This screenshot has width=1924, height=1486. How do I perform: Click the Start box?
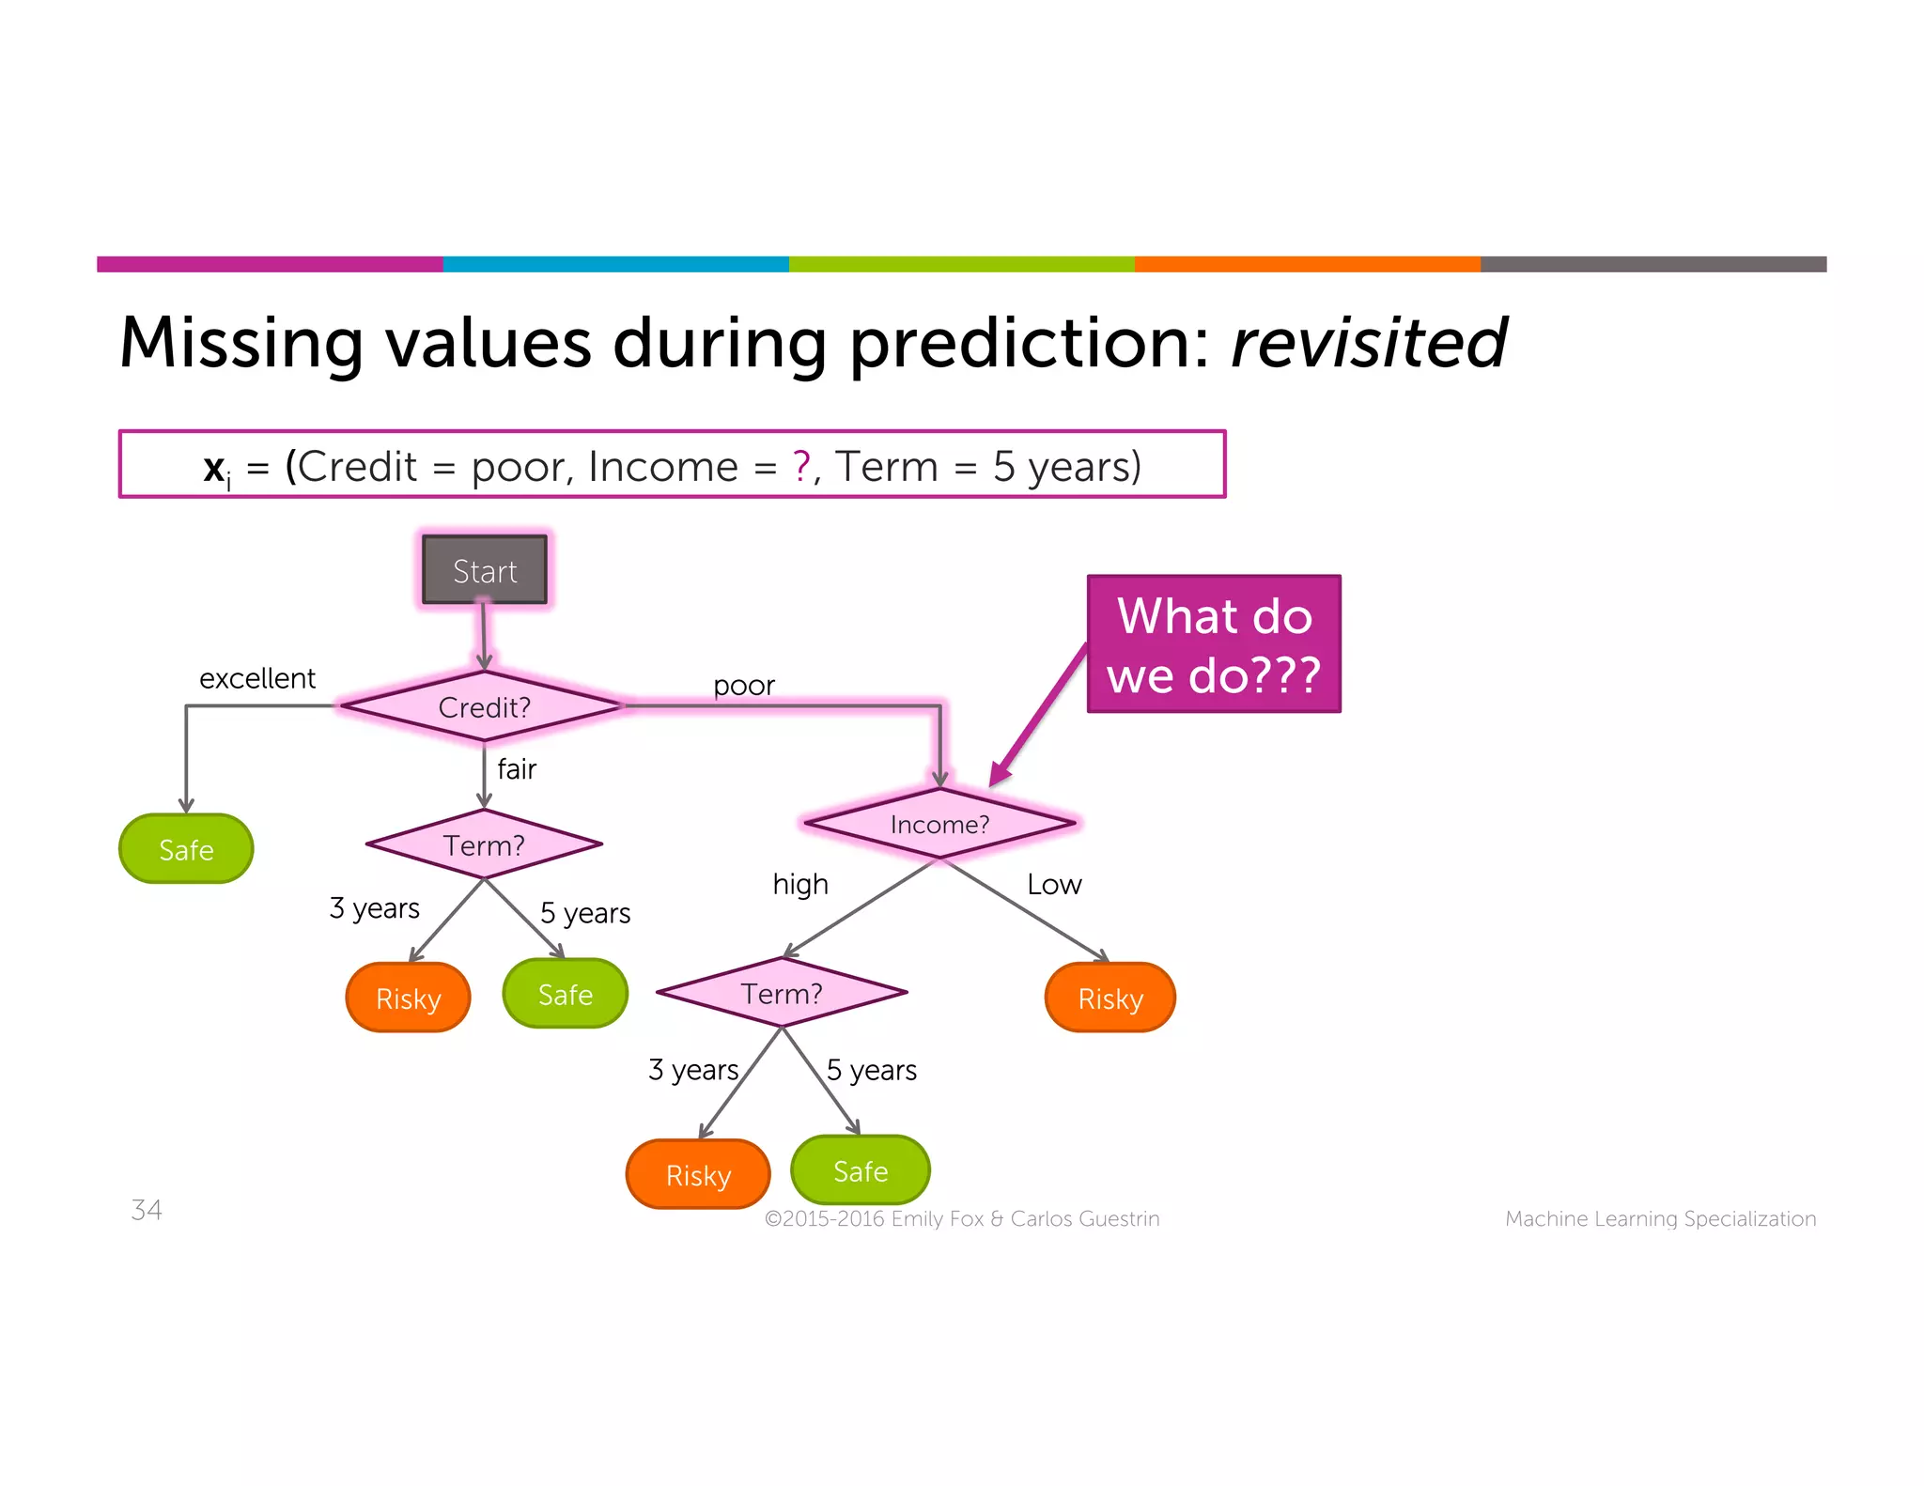pos(484,570)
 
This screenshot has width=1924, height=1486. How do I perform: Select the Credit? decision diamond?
pos(484,706)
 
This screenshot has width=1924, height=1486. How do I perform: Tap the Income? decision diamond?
pos(939,824)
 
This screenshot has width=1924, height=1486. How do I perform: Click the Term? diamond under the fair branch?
pos(484,844)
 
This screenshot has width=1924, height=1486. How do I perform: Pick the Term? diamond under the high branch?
pos(782,993)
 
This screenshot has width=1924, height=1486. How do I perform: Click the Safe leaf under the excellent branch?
pos(186,849)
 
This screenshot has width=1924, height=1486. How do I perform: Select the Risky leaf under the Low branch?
pos(1110,998)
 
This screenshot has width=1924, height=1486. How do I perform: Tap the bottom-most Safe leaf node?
pos(861,1170)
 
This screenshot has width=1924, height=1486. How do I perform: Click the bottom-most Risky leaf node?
pos(698,1174)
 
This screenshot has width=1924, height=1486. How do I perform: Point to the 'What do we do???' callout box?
pos(1214,644)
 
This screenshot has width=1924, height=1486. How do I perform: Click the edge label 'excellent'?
pos(257,678)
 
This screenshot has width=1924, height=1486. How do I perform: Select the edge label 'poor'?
pos(743,686)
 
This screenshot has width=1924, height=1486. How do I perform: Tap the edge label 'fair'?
pos(517,769)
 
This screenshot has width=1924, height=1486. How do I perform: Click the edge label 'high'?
pos(800,884)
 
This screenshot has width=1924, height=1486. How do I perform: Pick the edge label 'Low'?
pos(1054,884)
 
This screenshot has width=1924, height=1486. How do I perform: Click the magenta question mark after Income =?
pos(801,466)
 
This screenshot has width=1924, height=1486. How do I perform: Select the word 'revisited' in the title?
pos(1368,343)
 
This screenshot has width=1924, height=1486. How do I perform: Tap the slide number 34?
pos(147,1210)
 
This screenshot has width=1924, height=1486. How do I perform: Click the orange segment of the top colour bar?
pos(1307,264)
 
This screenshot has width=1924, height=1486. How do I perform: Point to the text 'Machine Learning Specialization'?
pos(1660,1218)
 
